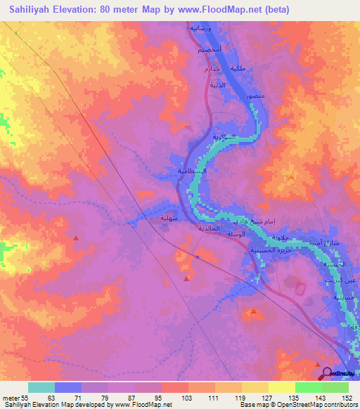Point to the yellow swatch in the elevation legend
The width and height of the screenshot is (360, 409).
pyautogui.click(x=281, y=387)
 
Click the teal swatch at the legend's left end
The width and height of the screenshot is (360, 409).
pyautogui.click(x=41, y=387)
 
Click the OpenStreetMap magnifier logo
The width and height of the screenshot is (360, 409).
pyautogui.click(x=326, y=372)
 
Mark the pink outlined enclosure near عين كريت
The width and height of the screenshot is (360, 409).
pyautogui.click(x=300, y=288)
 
